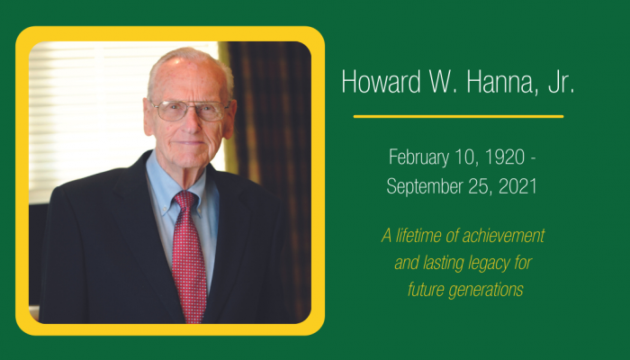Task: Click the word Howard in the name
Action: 381,82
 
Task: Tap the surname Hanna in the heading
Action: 501,82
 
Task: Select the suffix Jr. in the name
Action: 561,82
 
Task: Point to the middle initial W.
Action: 443,82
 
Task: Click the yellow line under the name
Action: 458,116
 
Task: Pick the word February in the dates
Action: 418,157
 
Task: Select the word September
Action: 420,187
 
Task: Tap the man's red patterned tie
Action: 188,257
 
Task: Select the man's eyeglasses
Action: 190,110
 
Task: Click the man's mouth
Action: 191,142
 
